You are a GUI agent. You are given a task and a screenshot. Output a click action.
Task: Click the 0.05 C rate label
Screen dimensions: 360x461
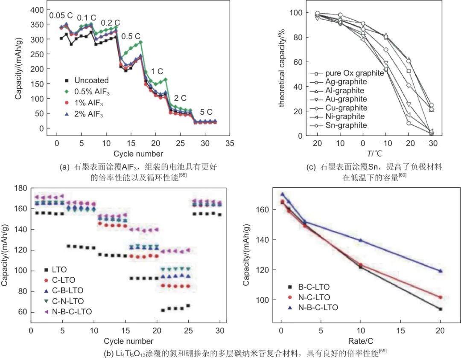click(61, 16)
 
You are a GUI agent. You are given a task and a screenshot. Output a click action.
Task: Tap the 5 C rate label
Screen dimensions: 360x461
click(206, 112)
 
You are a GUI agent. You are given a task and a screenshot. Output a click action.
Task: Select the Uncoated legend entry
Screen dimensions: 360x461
click(91, 80)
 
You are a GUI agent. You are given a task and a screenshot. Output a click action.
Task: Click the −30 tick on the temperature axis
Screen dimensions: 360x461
click(431, 142)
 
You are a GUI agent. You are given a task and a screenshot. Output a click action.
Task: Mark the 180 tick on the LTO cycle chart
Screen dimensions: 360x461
click(21, 188)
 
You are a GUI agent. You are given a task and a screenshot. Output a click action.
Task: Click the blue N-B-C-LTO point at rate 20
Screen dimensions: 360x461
click(440, 271)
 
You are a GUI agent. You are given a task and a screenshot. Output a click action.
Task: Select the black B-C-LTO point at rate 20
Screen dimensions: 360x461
click(440, 309)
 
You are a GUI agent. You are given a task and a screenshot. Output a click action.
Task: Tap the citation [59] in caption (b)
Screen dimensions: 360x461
click(387, 351)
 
